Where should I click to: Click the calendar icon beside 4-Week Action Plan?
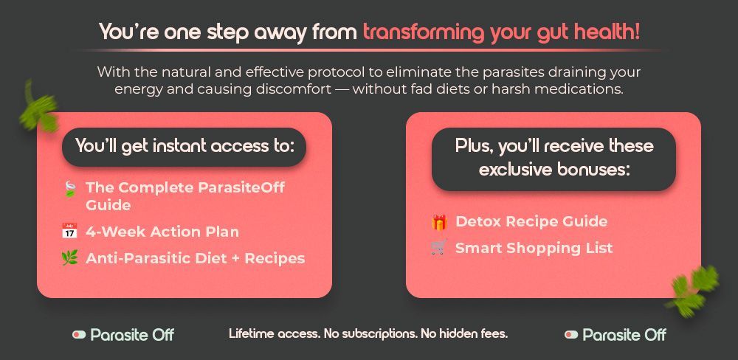point(69,231)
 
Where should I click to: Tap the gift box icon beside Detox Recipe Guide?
point(438,221)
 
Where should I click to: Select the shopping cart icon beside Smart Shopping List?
point(438,248)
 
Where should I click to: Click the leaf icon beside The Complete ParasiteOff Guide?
point(69,189)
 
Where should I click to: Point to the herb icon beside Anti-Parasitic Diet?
point(69,258)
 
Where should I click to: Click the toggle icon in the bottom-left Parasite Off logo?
point(79,335)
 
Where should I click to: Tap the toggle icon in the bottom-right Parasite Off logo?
point(571,335)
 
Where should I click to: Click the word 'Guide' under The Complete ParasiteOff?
point(108,205)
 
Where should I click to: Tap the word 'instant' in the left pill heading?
point(181,146)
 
